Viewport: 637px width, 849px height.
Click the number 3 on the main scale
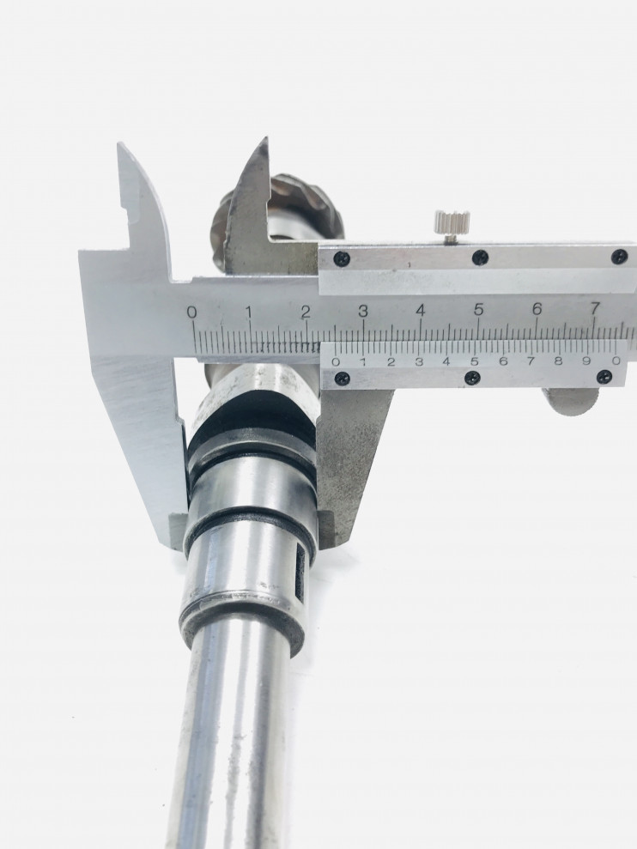click(x=363, y=312)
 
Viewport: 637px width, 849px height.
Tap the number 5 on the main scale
click(x=478, y=309)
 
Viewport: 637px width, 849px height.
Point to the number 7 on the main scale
click(x=595, y=309)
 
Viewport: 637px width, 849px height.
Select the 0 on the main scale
click(x=191, y=312)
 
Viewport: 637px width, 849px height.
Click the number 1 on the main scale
click(x=249, y=312)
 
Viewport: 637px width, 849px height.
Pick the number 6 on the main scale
click(x=537, y=309)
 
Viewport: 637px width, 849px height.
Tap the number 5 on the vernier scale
click(x=475, y=361)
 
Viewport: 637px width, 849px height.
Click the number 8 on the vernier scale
click(x=559, y=361)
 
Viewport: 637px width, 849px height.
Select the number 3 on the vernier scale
click(x=419, y=362)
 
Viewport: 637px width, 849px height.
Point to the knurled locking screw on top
click(x=452, y=224)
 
